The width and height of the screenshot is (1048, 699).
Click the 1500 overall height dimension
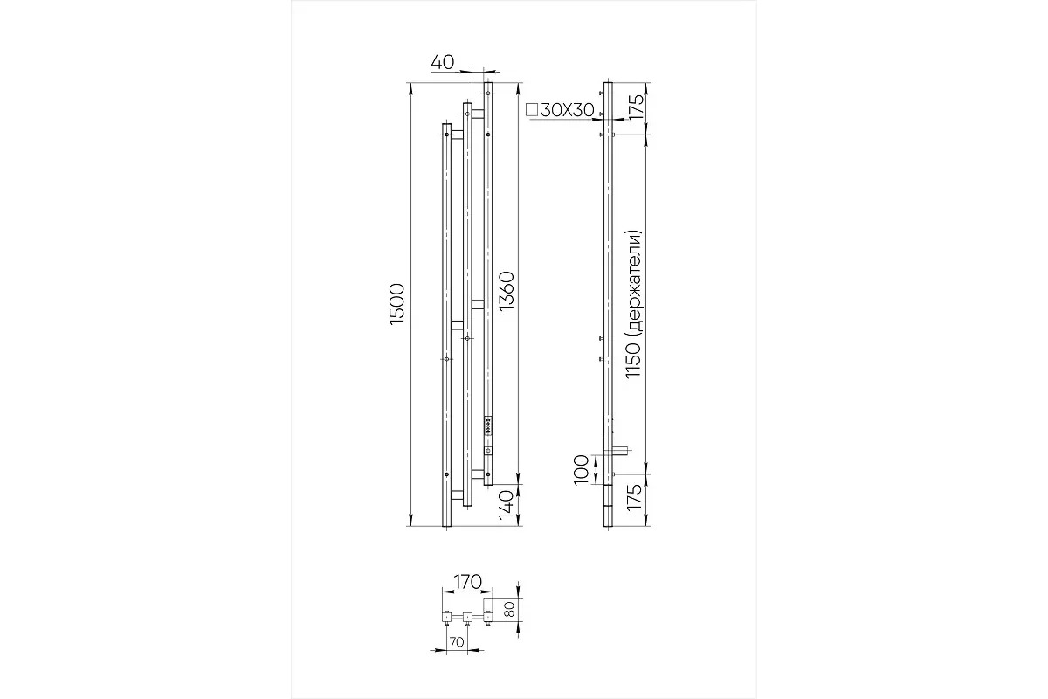tap(396, 304)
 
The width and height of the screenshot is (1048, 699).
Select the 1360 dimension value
tap(507, 290)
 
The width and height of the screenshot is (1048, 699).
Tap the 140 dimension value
tap(507, 504)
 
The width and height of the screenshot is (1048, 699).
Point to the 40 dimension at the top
tap(443, 62)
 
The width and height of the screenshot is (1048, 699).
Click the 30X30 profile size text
tap(567, 110)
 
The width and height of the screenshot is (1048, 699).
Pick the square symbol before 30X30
tap(532, 110)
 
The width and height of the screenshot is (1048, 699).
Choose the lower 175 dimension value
tap(634, 498)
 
